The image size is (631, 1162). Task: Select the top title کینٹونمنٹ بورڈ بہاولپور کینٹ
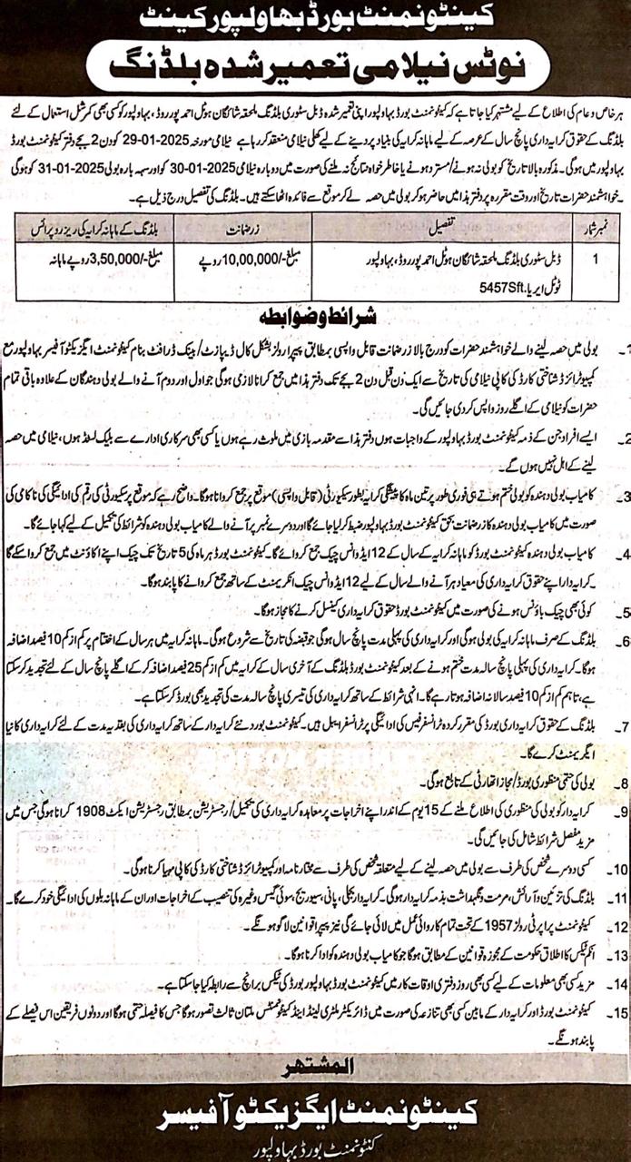315,18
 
